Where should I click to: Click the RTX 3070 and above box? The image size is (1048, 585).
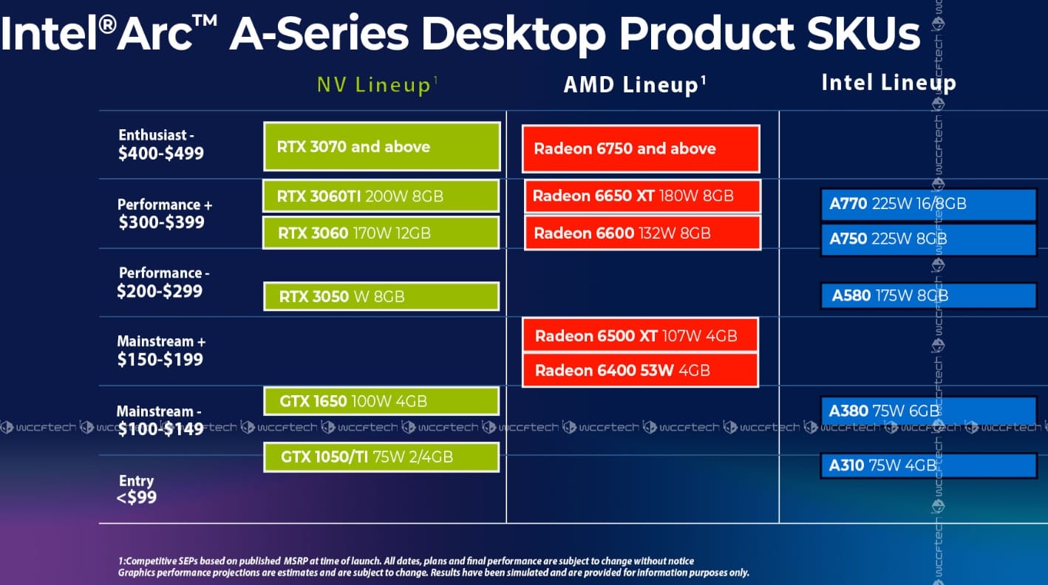tap(381, 146)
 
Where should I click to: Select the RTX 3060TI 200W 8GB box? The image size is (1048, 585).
tap(381, 196)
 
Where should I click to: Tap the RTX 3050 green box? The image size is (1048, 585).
tap(381, 296)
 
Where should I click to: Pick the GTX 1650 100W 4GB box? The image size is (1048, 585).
tap(381, 402)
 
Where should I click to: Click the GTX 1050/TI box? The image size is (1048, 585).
tap(381, 457)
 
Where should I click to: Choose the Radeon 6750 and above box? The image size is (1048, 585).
tap(641, 148)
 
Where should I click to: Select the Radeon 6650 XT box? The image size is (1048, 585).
tap(642, 196)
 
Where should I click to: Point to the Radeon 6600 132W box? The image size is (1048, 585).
tap(642, 233)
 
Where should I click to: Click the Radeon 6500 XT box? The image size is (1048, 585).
tap(640, 335)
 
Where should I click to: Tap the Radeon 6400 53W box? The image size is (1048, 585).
tap(640, 370)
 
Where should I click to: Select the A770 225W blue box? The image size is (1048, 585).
tap(928, 204)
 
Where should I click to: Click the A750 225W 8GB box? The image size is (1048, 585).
tap(928, 239)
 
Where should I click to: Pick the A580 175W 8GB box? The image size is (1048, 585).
tap(928, 295)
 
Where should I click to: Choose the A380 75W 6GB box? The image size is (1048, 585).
tap(928, 411)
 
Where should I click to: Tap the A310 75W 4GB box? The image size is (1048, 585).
tap(928, 465)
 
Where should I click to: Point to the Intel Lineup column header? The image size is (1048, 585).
tap(888, 83)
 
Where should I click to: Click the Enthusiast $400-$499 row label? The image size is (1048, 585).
tap(161, 145)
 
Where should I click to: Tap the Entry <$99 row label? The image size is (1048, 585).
tap(137, 489)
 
